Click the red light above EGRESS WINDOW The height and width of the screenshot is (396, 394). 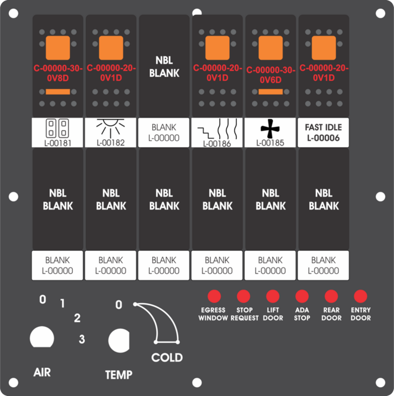[x=214, y=296]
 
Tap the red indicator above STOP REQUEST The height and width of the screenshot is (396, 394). [x=243, y=296]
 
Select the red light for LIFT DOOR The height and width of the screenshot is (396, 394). [x=273, y=296]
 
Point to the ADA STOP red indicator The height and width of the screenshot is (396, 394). [x=302, y=296]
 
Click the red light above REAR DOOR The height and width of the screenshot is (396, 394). [x=331, y=296]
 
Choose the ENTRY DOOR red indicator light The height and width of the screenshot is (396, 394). [x=361, y=296]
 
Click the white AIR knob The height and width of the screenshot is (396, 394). [x=42, y=337]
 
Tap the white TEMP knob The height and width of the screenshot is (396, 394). [x=119, y=341]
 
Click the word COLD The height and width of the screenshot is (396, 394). [x=167, y=357]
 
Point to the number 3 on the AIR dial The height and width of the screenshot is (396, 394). [x=82, y=339]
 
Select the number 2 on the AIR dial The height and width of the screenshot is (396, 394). [x=77, y=318]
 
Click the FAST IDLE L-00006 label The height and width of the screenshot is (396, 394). [x=324, y=133]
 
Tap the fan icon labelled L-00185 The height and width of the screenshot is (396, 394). [x=270, y=129]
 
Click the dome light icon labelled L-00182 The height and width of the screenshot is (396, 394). [x=111, y=128]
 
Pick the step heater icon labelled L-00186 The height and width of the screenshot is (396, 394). [x=218, y=129]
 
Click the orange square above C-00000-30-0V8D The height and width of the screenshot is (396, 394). [x=58, y=48]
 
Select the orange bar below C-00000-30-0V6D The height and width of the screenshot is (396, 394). [x=271, y=92]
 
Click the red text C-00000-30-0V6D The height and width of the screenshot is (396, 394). [x=271, y=75]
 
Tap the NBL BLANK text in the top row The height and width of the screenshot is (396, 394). [x=164, y=67]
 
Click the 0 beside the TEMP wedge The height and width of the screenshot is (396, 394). [x=118, y=305]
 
